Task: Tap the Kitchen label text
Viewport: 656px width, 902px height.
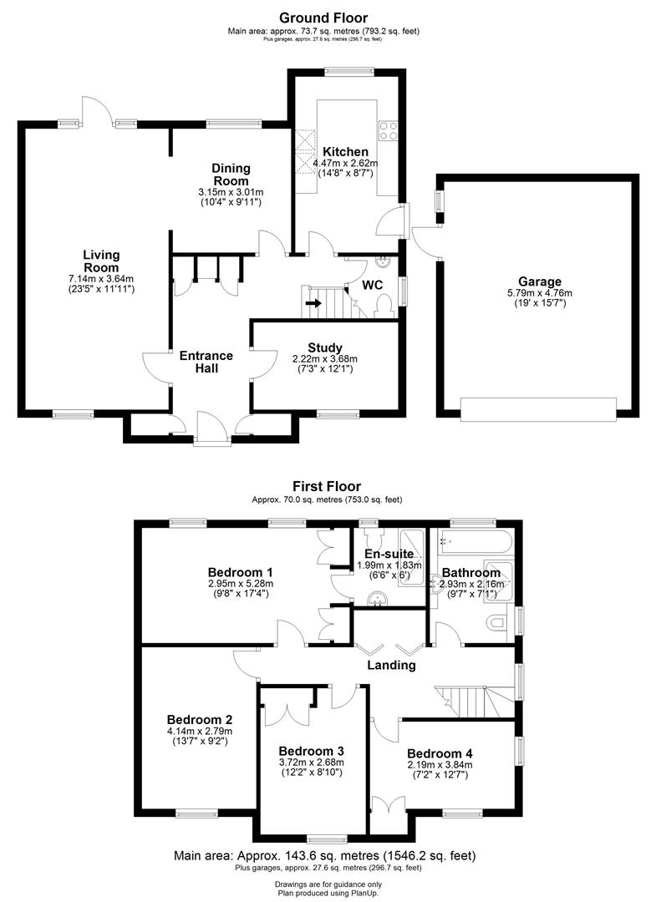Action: click(x=345, y=152)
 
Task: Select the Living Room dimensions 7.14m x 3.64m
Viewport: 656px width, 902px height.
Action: click(x=101, y=278)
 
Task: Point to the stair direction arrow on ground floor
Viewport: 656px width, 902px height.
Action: click(x=313, y=303)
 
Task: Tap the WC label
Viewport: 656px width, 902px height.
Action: click(x=372, y=286)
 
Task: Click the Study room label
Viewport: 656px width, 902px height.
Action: click(x=324, y=347)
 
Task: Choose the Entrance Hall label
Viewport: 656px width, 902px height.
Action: click(x=206, y=362)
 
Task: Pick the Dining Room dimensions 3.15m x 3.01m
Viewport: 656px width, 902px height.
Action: click(x=231, y=193)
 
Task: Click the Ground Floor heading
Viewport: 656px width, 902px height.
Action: click(x=323, y=18)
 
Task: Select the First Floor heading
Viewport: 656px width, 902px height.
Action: click(x=327, y=486)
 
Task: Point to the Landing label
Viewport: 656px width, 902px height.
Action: click(x=392, y=666)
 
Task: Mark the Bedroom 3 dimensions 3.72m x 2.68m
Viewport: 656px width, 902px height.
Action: click(x=311, y=761)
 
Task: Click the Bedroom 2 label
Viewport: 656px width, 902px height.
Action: click(x=199, y=720)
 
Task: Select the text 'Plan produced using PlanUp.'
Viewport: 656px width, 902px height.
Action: click(x=328, y=892)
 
